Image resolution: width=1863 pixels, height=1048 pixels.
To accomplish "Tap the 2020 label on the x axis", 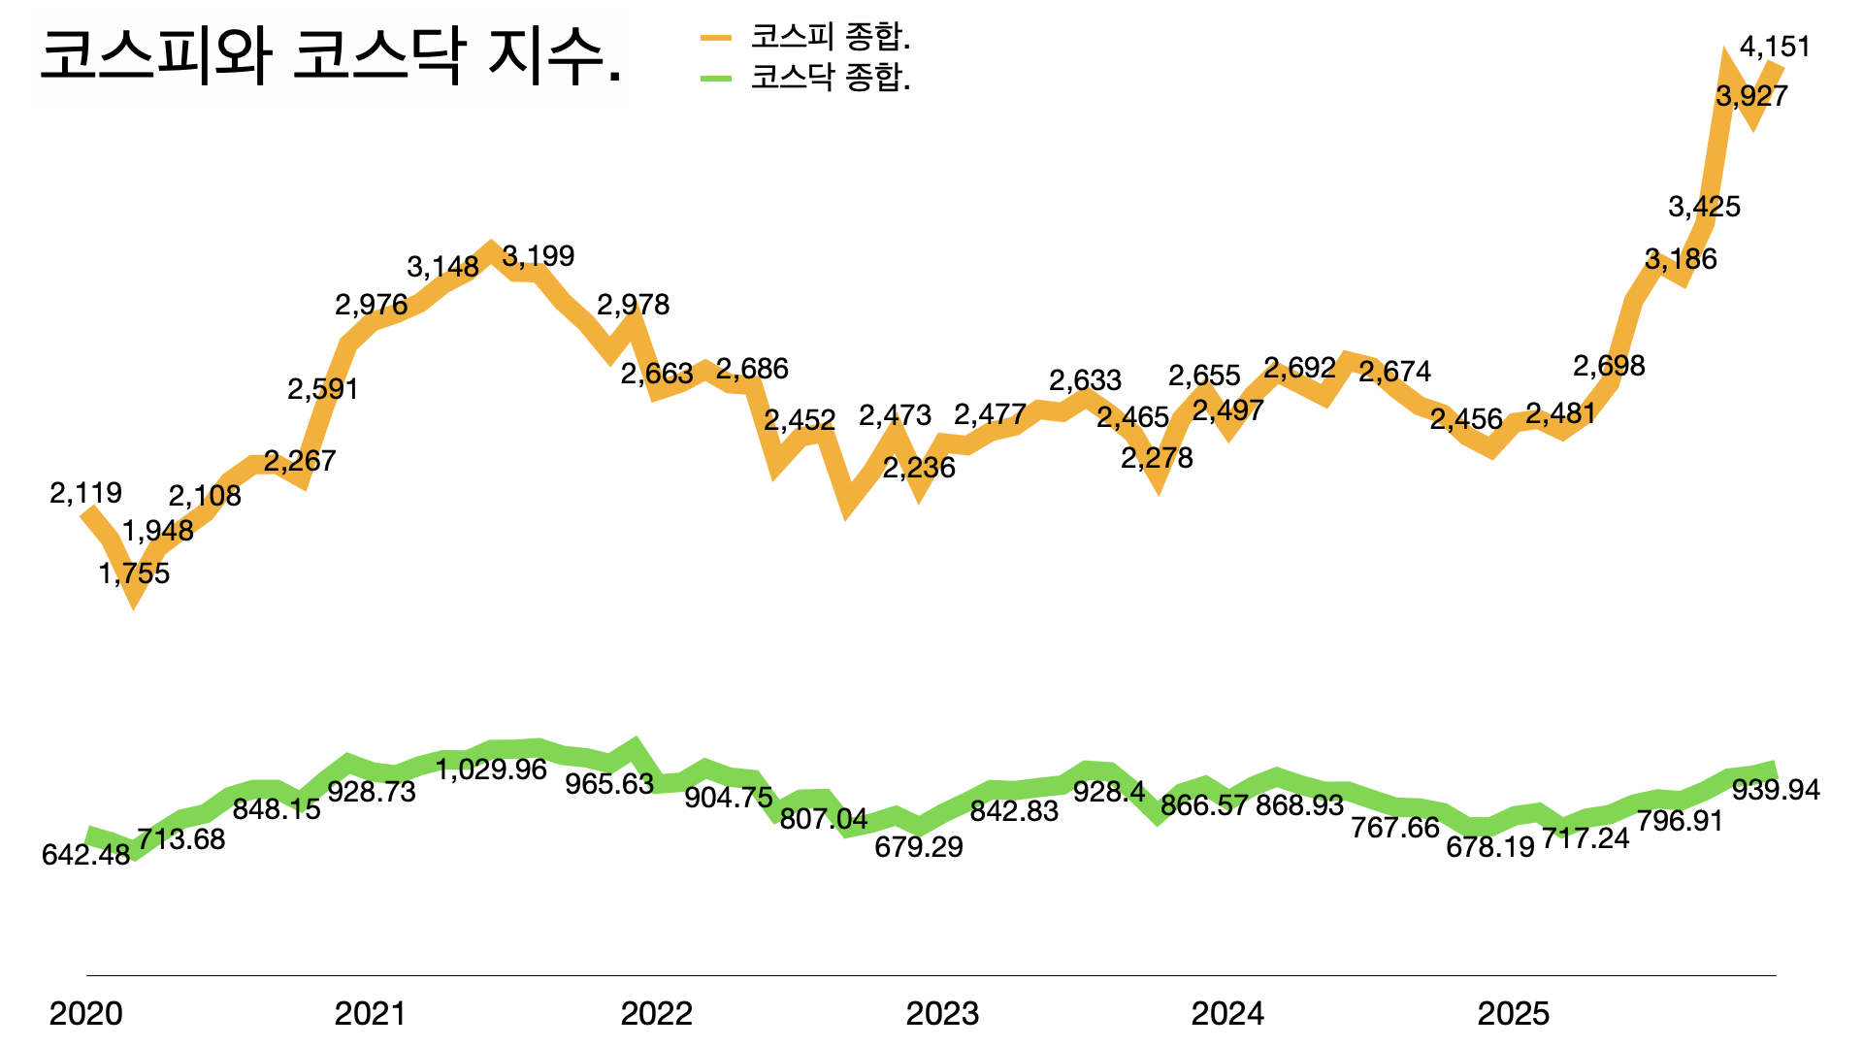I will pos(85,1014).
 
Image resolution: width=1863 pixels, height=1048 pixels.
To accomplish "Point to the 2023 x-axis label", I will pos(942,1014).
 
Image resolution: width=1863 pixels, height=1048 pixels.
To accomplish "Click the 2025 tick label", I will pos(1513,1014).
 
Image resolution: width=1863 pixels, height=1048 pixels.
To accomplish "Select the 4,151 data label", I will pos(1775,47).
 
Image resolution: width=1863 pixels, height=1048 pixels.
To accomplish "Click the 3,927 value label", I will pos(1751,96).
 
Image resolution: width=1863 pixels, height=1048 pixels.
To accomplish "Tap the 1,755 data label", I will pos(134,573).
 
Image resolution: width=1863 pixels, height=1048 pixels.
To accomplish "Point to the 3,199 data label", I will pos(539,256).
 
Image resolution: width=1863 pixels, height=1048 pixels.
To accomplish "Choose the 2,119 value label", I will pos(85,493).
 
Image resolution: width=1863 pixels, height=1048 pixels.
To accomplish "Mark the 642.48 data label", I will pos(85,855).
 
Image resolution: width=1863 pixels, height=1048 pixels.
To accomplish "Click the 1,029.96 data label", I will pos(491,770).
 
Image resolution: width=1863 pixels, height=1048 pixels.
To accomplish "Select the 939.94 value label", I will pos(1776,790).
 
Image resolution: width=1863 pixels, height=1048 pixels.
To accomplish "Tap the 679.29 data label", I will pos(919,847).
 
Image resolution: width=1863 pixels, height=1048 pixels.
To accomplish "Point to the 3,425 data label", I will pos(1704,207).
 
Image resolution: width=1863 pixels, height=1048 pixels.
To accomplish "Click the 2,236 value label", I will pos(919,468).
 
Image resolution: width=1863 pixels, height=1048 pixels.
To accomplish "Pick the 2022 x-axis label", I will pos(657,1014).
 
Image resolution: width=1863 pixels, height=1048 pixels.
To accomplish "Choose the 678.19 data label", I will pos(1490,847).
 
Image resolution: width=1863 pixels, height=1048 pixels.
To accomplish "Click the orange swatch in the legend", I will pos(716,38).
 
